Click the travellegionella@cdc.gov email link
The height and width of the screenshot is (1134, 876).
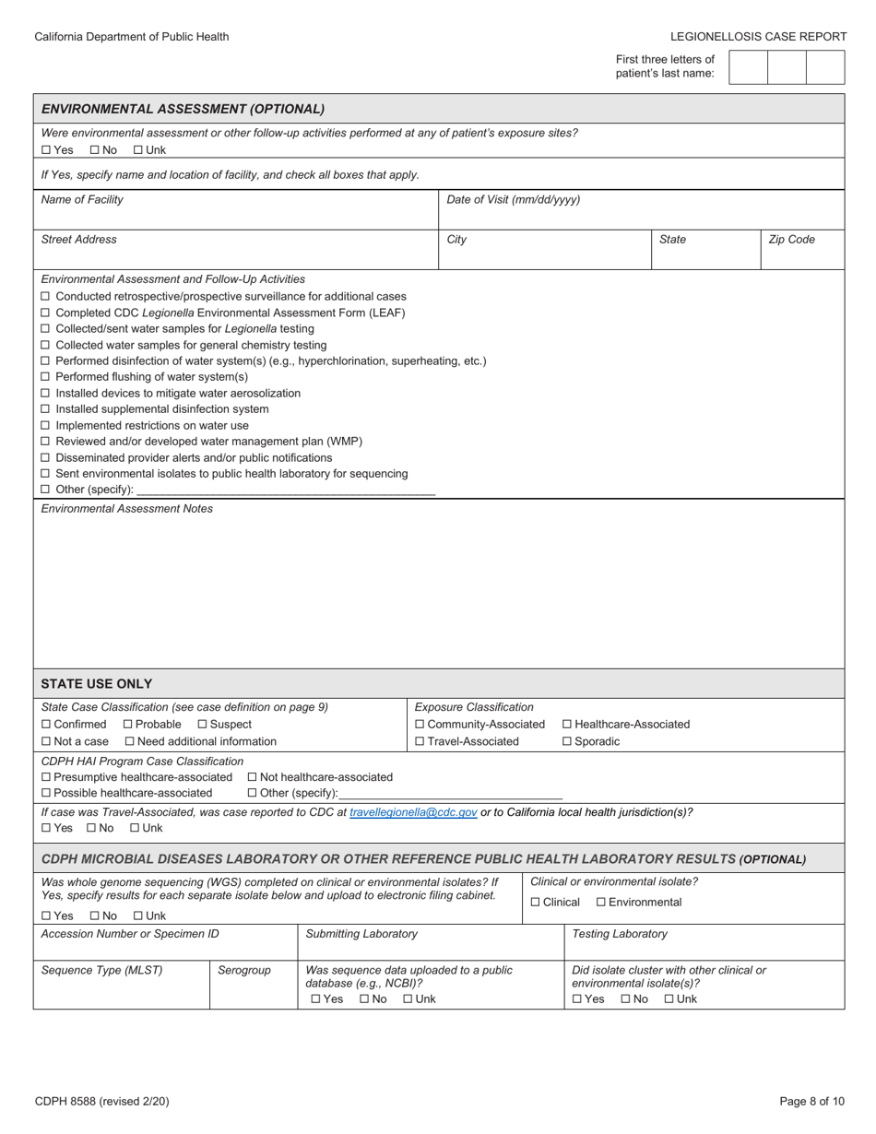pos(413,812)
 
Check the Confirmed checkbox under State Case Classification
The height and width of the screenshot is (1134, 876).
pos(46,725)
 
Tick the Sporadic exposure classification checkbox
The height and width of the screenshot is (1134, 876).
pos(567,741)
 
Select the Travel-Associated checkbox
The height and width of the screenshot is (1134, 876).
pos(420,741)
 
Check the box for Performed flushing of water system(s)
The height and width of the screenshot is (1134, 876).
pos(46,377)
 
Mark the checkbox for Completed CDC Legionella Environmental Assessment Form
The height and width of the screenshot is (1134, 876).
pos(46,313)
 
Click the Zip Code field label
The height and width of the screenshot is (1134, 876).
pos(791,240)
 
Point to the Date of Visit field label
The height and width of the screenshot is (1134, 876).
pos(513,199)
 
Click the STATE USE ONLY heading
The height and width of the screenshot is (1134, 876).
pos(97,684)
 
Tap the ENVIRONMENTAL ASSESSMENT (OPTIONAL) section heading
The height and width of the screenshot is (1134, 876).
pos(183,109)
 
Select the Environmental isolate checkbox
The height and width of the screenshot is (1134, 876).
pos(601,903)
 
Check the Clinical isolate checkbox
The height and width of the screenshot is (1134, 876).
pos(536,903)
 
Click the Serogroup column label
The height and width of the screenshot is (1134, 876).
pos(244,970)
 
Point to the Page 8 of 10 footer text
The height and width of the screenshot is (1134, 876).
pos(811,1101)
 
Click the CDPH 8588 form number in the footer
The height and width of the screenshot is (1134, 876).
pos(101,1101)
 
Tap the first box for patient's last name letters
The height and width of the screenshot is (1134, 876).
pos(747,67)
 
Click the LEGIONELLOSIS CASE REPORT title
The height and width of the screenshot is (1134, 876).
pos(758,37)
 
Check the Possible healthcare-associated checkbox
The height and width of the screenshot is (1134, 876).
pos(46,793)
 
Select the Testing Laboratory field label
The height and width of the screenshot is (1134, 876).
pos(620,934)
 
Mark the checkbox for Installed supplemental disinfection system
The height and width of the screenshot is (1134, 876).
pos(46,409)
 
